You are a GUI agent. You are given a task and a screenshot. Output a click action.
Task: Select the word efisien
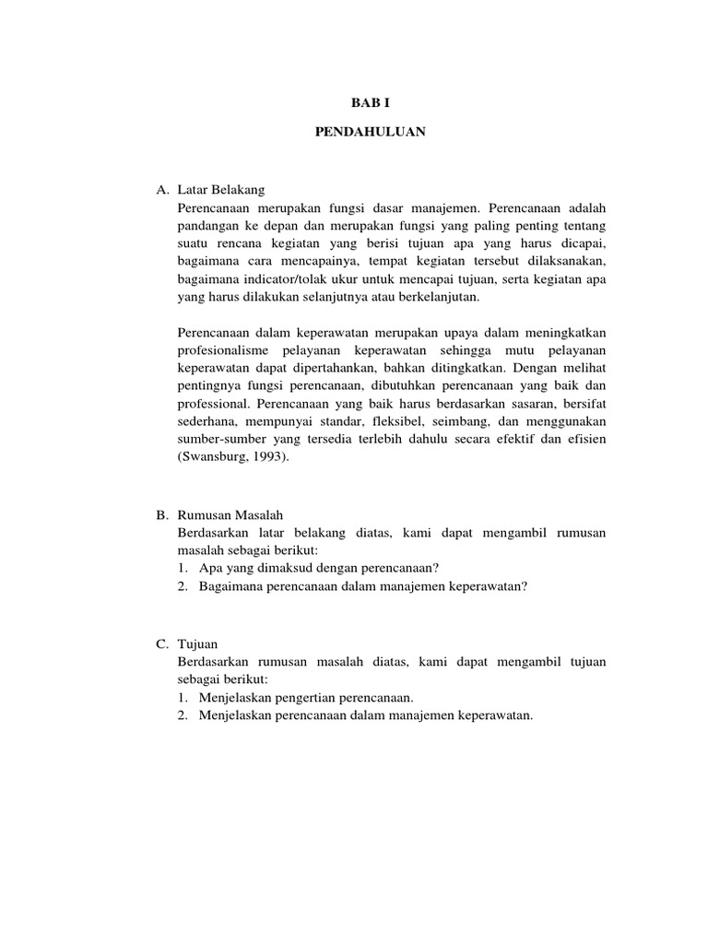(x=586, y=439)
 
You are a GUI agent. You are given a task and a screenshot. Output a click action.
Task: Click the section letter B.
(x=160, y=515)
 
